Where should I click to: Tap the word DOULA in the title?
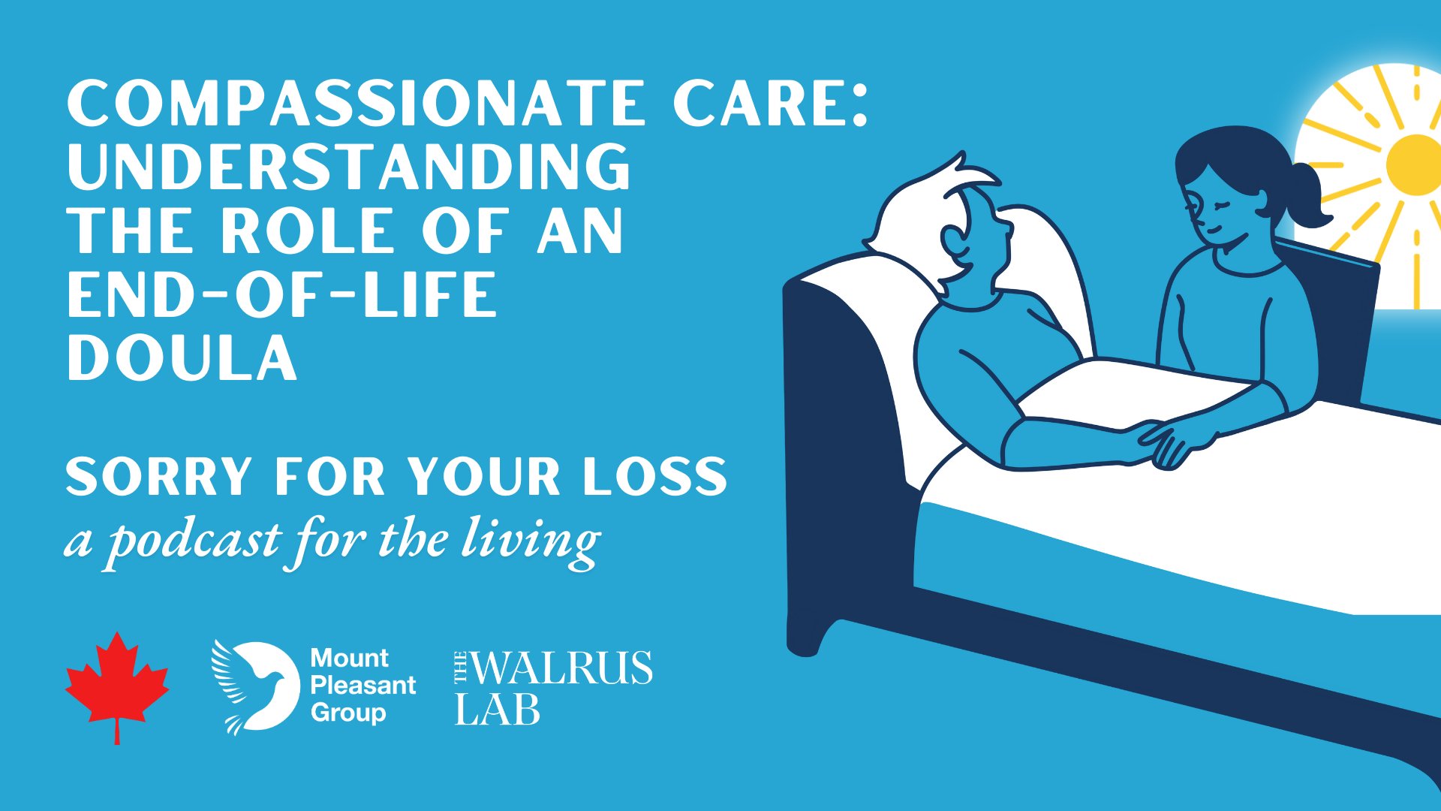182,358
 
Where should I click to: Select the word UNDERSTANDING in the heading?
349,167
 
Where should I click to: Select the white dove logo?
255,686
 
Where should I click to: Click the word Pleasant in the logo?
363,685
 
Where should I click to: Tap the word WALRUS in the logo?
561,668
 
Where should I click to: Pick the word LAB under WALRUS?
498,710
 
